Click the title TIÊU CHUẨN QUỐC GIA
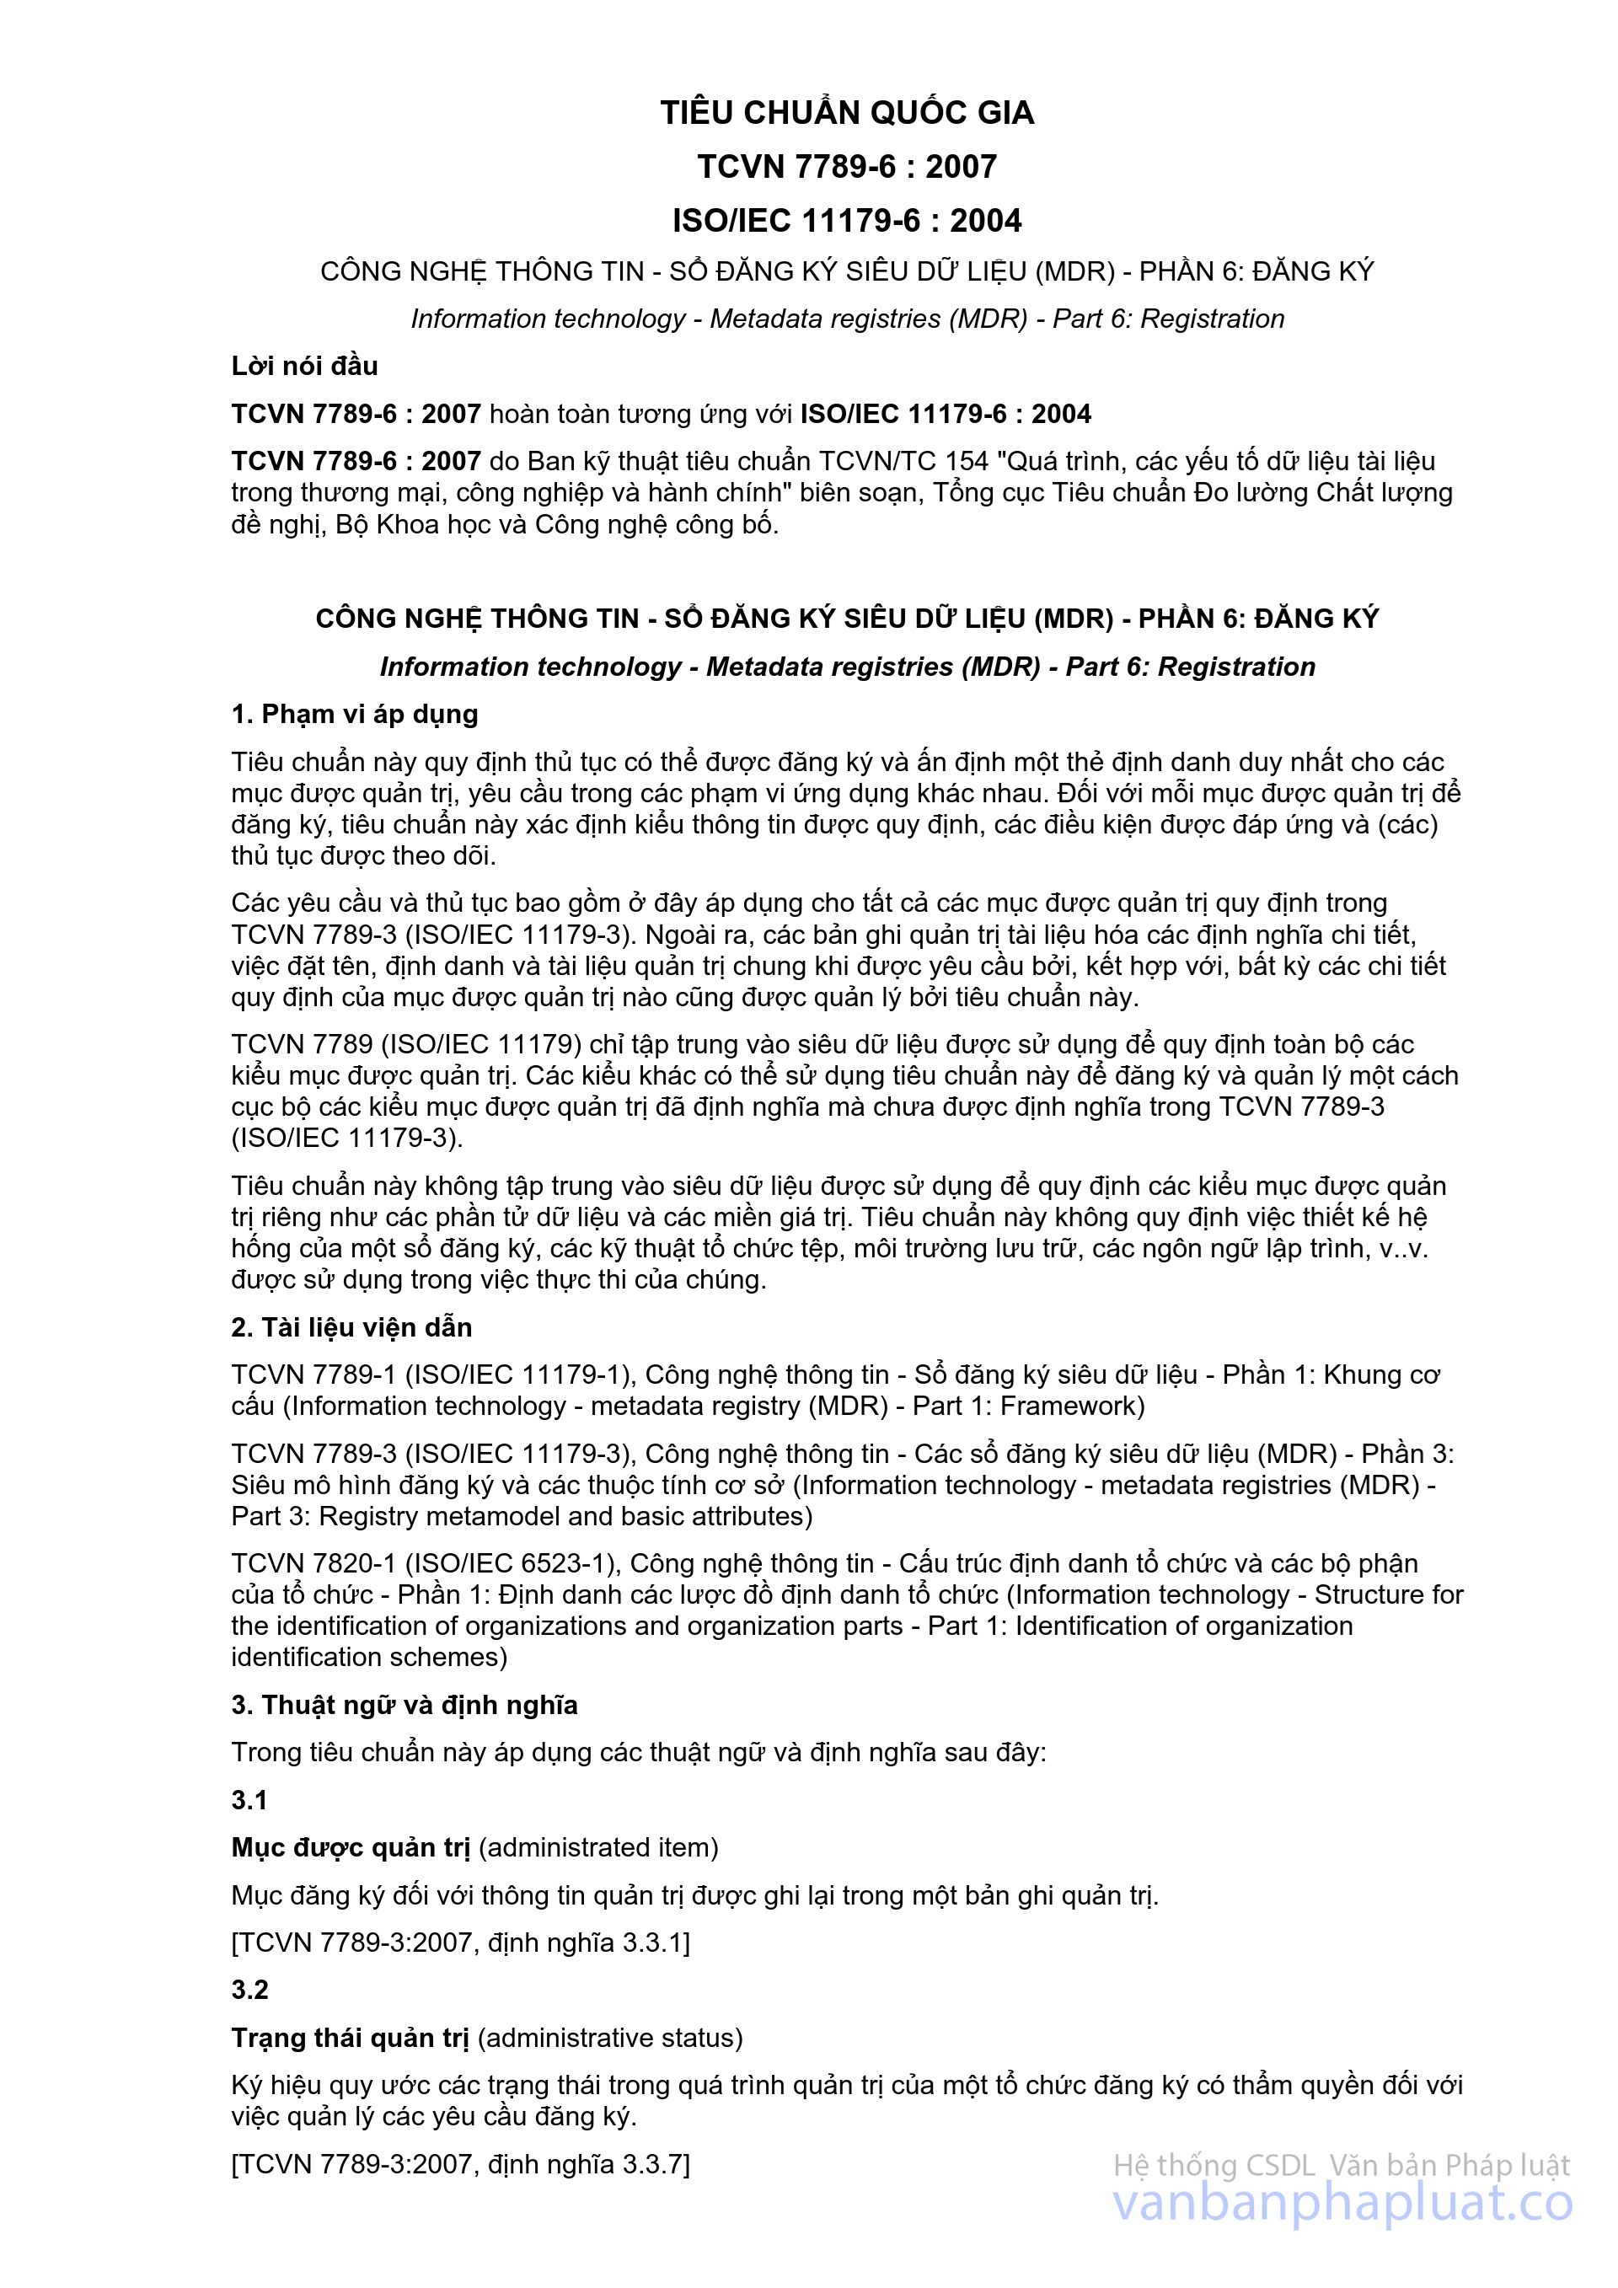(847, 113)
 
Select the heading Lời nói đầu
(304, 366)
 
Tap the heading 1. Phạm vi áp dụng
(355, 714)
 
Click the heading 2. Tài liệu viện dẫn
(351, 1326)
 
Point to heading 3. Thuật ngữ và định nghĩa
(404, 1704)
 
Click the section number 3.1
(249, 1800)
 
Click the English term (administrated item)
(599, 1846)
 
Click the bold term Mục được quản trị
(351, 1846)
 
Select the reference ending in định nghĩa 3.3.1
(460, 1942)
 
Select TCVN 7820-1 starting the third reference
(313, 1562)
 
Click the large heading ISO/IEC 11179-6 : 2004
(847, 220)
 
